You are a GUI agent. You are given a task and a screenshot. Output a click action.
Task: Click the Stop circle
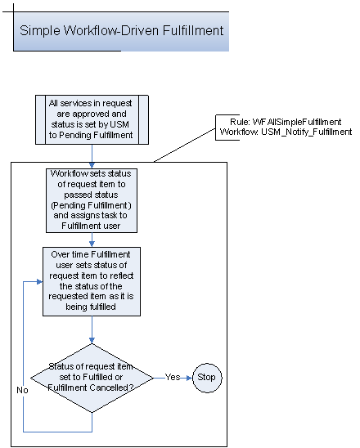click(208, 378)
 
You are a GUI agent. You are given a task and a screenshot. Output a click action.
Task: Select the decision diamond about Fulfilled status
click(92, 378)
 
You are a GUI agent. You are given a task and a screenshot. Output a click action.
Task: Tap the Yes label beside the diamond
click(173, 378)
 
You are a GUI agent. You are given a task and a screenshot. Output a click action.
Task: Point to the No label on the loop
click(23, 390)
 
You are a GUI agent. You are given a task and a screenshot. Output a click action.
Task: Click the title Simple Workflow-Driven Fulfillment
click(120, 32)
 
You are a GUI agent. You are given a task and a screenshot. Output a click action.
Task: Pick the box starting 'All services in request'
click(92, 120)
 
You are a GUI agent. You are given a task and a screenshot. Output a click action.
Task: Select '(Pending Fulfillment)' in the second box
click(92, 204)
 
